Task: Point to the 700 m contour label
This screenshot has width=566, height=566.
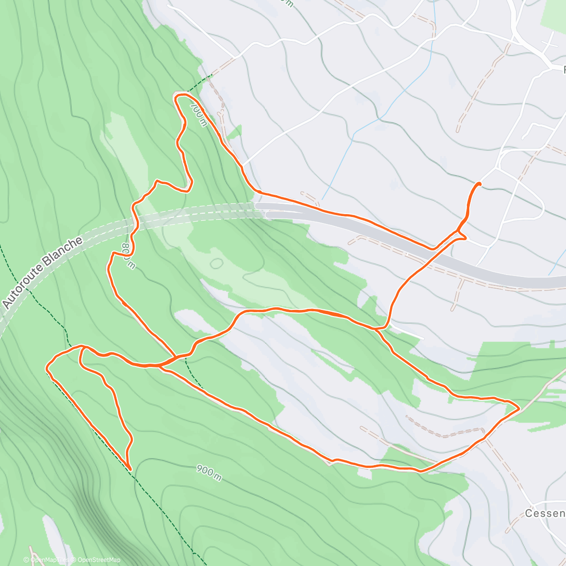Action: coord(199,115)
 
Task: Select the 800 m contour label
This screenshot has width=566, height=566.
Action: coord(128,256)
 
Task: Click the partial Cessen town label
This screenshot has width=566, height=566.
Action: coord(545,513)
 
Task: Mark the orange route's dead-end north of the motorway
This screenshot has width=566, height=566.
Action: coord(479,183)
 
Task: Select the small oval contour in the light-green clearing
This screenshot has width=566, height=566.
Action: coord(216,263)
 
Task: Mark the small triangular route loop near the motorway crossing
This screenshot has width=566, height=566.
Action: coord(461,235)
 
